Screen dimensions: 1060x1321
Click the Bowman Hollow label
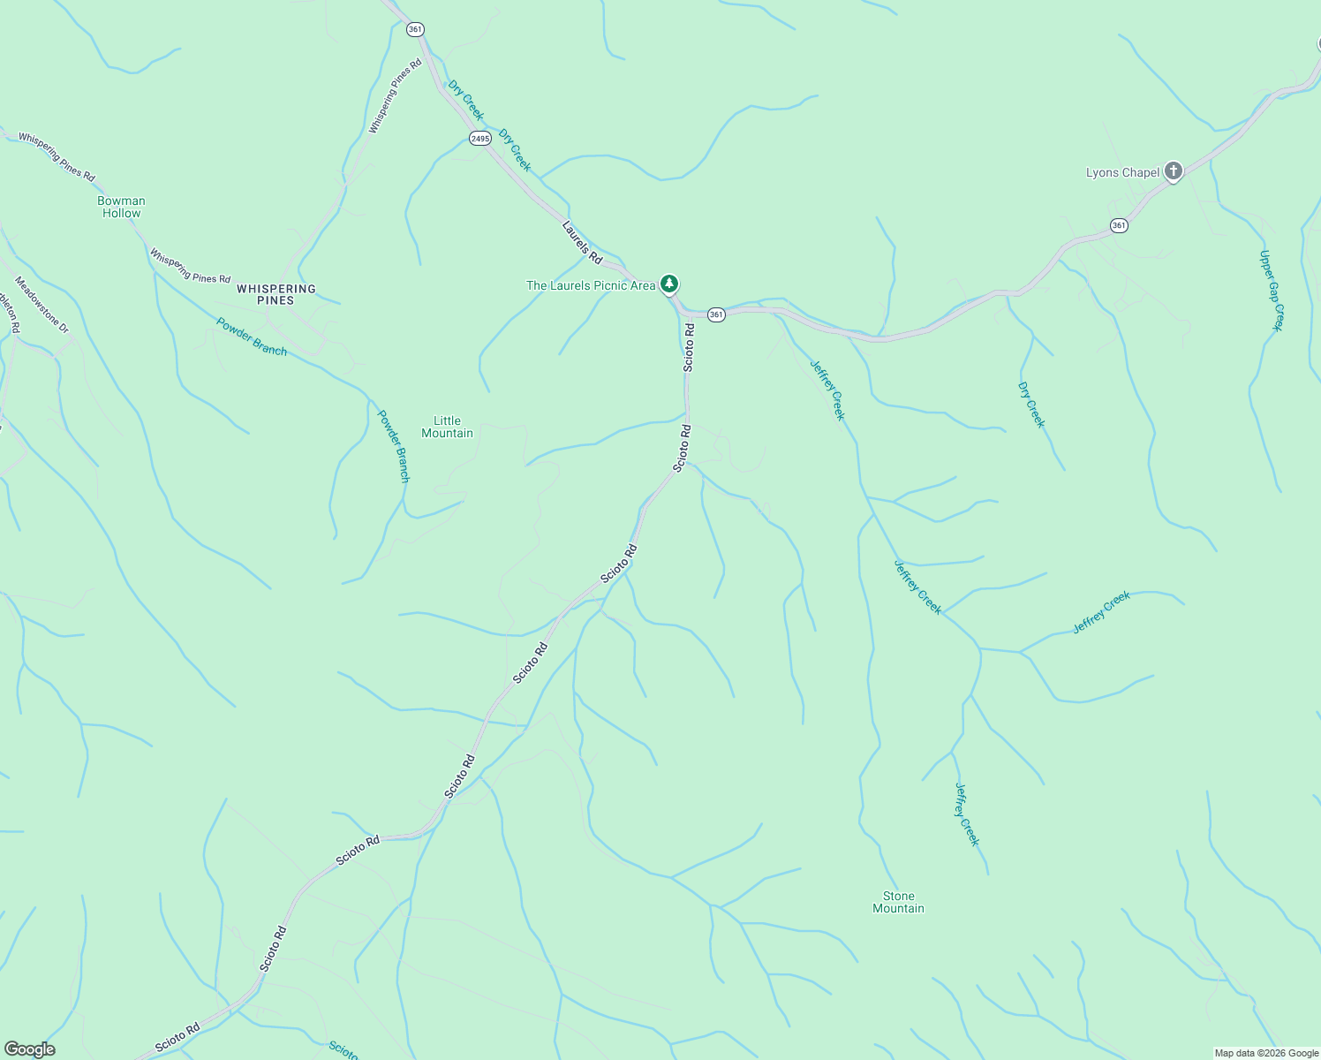tap(121, 207)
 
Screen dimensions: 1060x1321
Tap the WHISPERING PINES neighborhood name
tap(276, 294)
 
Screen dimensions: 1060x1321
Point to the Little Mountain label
tap(447, 427)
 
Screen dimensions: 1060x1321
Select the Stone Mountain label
tap(898, 902)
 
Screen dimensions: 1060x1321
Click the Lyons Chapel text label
tap(1122, 172)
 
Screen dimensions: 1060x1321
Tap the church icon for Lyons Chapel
tap(1173, 171)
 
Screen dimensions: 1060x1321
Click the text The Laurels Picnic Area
tap(590, 285)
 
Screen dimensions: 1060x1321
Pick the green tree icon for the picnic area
tap(669, 284)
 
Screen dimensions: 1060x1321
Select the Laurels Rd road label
tap(582, 242)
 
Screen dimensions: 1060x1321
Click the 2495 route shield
tap(479, 139)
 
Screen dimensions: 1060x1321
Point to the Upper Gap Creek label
tap(1271, 291)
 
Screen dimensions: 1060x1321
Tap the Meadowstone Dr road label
tap(42, 305)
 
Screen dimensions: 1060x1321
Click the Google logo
tap(29, 1049)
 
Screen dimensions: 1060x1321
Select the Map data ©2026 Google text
tap(1265, 1053)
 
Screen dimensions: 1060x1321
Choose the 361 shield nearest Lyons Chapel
tap(1119, 225)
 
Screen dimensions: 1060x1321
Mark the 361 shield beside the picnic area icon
tap(716, 314)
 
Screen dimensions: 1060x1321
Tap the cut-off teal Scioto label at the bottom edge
tap(343, 1050)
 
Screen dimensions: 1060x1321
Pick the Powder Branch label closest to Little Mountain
tap(394, 445)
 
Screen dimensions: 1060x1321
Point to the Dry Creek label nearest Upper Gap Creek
tap(1030, 405)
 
